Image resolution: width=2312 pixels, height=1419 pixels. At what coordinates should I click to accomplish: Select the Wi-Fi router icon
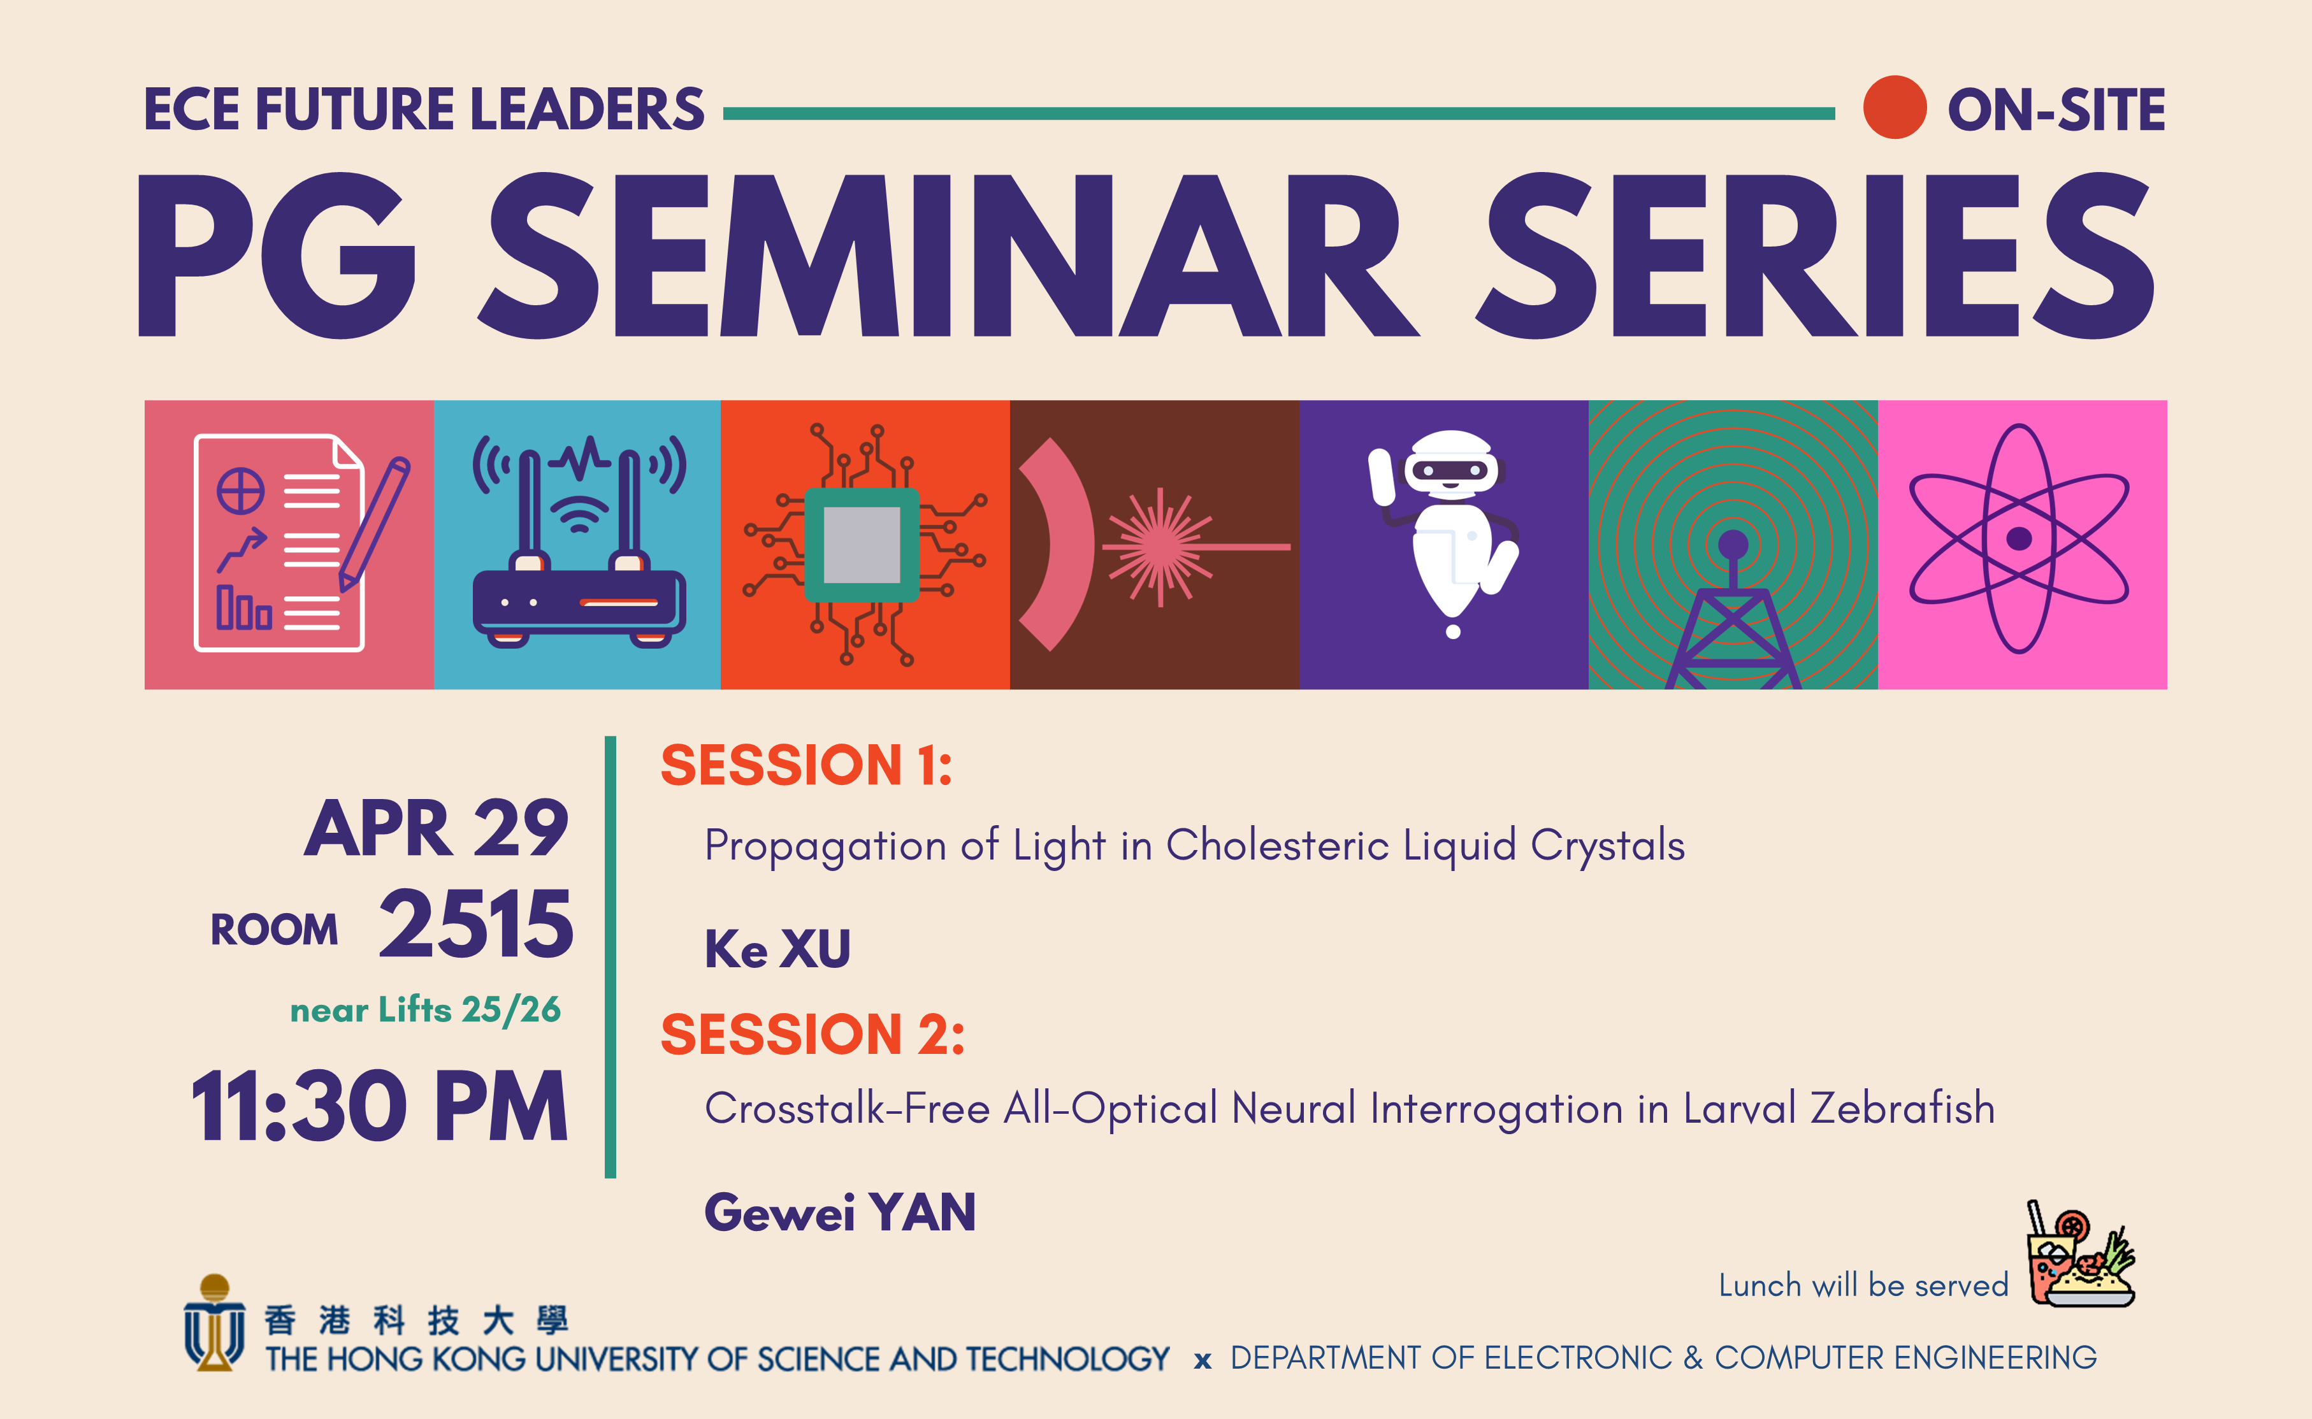[578, 544]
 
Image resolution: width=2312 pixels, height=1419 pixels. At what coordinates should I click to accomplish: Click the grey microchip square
[862, 544]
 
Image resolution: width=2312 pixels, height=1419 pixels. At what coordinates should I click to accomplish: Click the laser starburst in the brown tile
[1160, 546]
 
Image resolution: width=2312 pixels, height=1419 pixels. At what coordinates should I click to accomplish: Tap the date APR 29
[437, 830]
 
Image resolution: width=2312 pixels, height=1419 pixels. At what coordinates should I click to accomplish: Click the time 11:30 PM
[380, 1107]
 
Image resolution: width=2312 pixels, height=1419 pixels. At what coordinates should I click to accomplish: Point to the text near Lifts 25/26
[425, 1010]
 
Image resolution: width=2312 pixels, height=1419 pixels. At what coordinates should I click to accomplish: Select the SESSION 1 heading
[806, 765]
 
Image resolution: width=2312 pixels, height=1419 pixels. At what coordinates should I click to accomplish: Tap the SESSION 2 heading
[813, 1034]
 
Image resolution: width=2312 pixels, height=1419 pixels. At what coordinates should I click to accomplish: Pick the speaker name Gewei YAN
[840, 1213]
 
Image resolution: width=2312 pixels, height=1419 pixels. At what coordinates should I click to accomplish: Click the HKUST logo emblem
[215, 1323]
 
